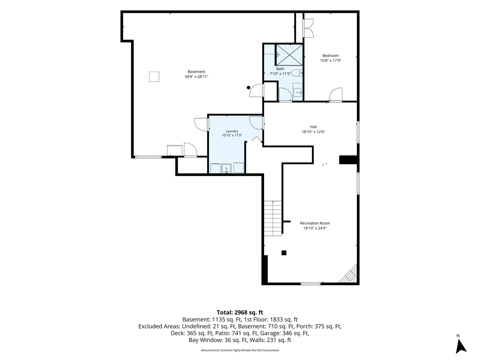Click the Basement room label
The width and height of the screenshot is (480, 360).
(196, 71)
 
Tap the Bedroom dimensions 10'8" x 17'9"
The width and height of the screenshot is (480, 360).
(330, 61)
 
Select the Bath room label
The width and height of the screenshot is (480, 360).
(280, 69)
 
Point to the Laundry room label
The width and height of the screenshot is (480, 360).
(232, 131)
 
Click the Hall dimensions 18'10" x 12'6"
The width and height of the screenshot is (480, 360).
(313, 132)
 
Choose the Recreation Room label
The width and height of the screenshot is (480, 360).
(315, 223)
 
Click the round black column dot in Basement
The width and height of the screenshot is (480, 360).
(248, 88)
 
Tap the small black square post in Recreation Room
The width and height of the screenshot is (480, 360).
(284, 253)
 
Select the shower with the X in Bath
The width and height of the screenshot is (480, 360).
(289, 55)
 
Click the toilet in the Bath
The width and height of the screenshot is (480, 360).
(297, 73)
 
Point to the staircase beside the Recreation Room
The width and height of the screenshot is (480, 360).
(273, 218)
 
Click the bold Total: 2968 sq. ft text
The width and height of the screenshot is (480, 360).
(240, 312)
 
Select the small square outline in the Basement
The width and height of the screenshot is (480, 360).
(154, 77)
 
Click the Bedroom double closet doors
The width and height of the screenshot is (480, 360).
(308, 28)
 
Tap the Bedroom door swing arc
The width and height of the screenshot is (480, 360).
(336, 94)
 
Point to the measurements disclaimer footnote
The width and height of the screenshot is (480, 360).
(240, 350)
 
